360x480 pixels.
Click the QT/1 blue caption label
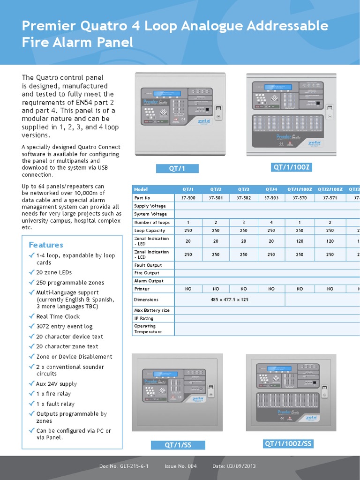tap(178, 169)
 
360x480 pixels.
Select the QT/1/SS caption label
tap(178, 445)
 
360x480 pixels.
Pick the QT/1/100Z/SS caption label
tap(288, 443)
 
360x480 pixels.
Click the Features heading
tap(46, 245)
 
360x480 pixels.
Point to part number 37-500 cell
tap(188, 198)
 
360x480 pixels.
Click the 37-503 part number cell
tap(271, 198)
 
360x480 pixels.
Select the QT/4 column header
tap(271, 189)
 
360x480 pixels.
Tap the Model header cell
tap(141, 189)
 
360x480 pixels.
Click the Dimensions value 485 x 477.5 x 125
tap(230, 300)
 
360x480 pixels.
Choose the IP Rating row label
tap(144, 318)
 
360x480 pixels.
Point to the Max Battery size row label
tap(152, 310)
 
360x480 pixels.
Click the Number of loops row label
tap(152, 222)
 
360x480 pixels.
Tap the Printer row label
tap(142, 289)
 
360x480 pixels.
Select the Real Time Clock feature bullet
tap(58, 316)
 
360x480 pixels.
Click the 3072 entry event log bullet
tap(64, 326)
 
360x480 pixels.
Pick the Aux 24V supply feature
tap(56, 384)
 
